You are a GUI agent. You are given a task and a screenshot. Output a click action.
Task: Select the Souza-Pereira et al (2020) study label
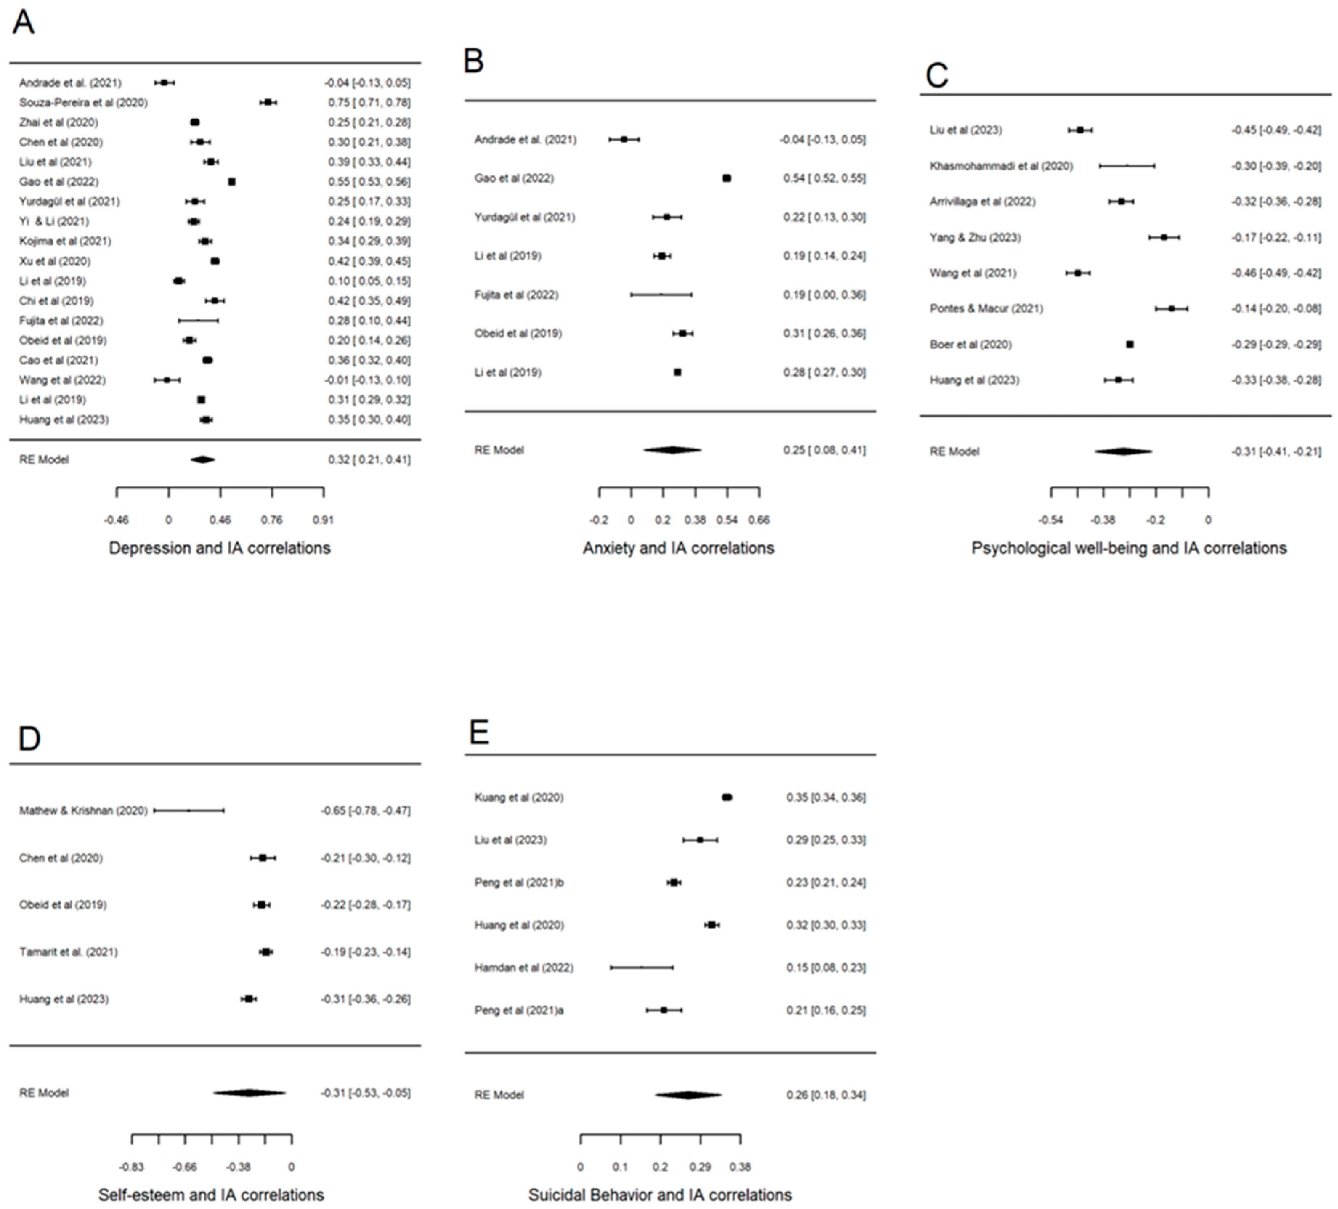click(x=83, y=102)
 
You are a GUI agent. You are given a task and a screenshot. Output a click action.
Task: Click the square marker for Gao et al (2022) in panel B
click(x=727, y=178)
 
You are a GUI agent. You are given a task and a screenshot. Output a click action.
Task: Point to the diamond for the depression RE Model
click(x=202, y=459)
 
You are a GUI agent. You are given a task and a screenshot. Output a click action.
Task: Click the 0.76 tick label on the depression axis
click(x=271, y=520)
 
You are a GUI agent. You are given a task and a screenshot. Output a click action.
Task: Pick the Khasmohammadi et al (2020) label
click(x=1001, y=166)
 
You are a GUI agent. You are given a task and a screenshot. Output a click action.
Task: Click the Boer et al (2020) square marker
click(x=1130, y=344)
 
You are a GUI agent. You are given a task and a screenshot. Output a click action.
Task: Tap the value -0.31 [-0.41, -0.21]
click(x=1276, y=451)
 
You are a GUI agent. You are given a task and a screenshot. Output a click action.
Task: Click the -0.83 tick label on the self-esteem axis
click(x=132, y=1167)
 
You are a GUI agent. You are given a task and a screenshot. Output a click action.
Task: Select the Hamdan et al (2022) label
click(x=524, y=967)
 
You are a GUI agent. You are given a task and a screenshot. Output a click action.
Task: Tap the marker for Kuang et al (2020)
click(x=727, y=797)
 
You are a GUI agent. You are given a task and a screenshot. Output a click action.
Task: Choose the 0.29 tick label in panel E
click(x=700, y=1167)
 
